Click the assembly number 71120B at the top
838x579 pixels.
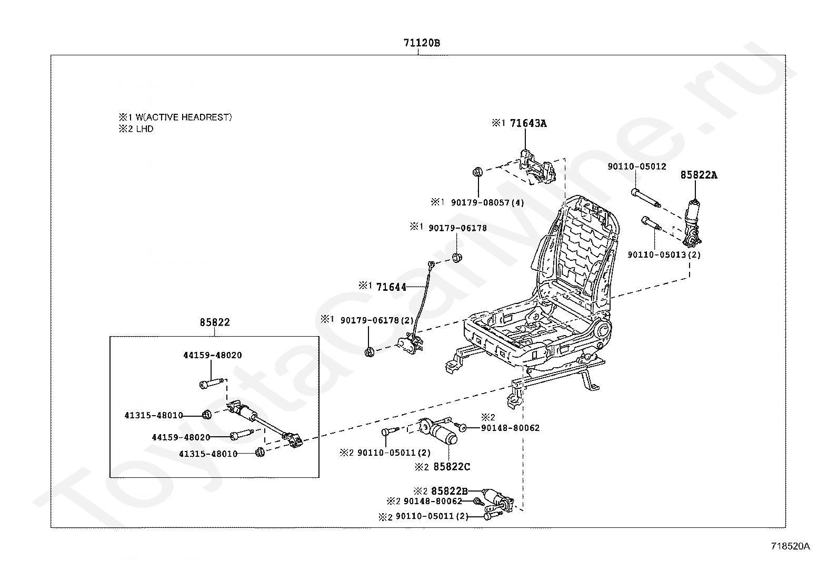click(422, 43)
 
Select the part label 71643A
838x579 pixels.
click(528, 123)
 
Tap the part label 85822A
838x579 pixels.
click(699, 175)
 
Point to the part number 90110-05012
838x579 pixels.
click(636, 166)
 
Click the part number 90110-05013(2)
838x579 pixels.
click(664, 255)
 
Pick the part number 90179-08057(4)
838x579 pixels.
click(487, 202)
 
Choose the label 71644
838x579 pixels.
click(391, 287)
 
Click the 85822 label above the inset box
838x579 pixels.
click(215, 322)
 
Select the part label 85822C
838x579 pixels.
click(452, 466)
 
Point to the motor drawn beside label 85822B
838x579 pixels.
click(497, 498)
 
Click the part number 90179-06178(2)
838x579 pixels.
click(377, 320)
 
